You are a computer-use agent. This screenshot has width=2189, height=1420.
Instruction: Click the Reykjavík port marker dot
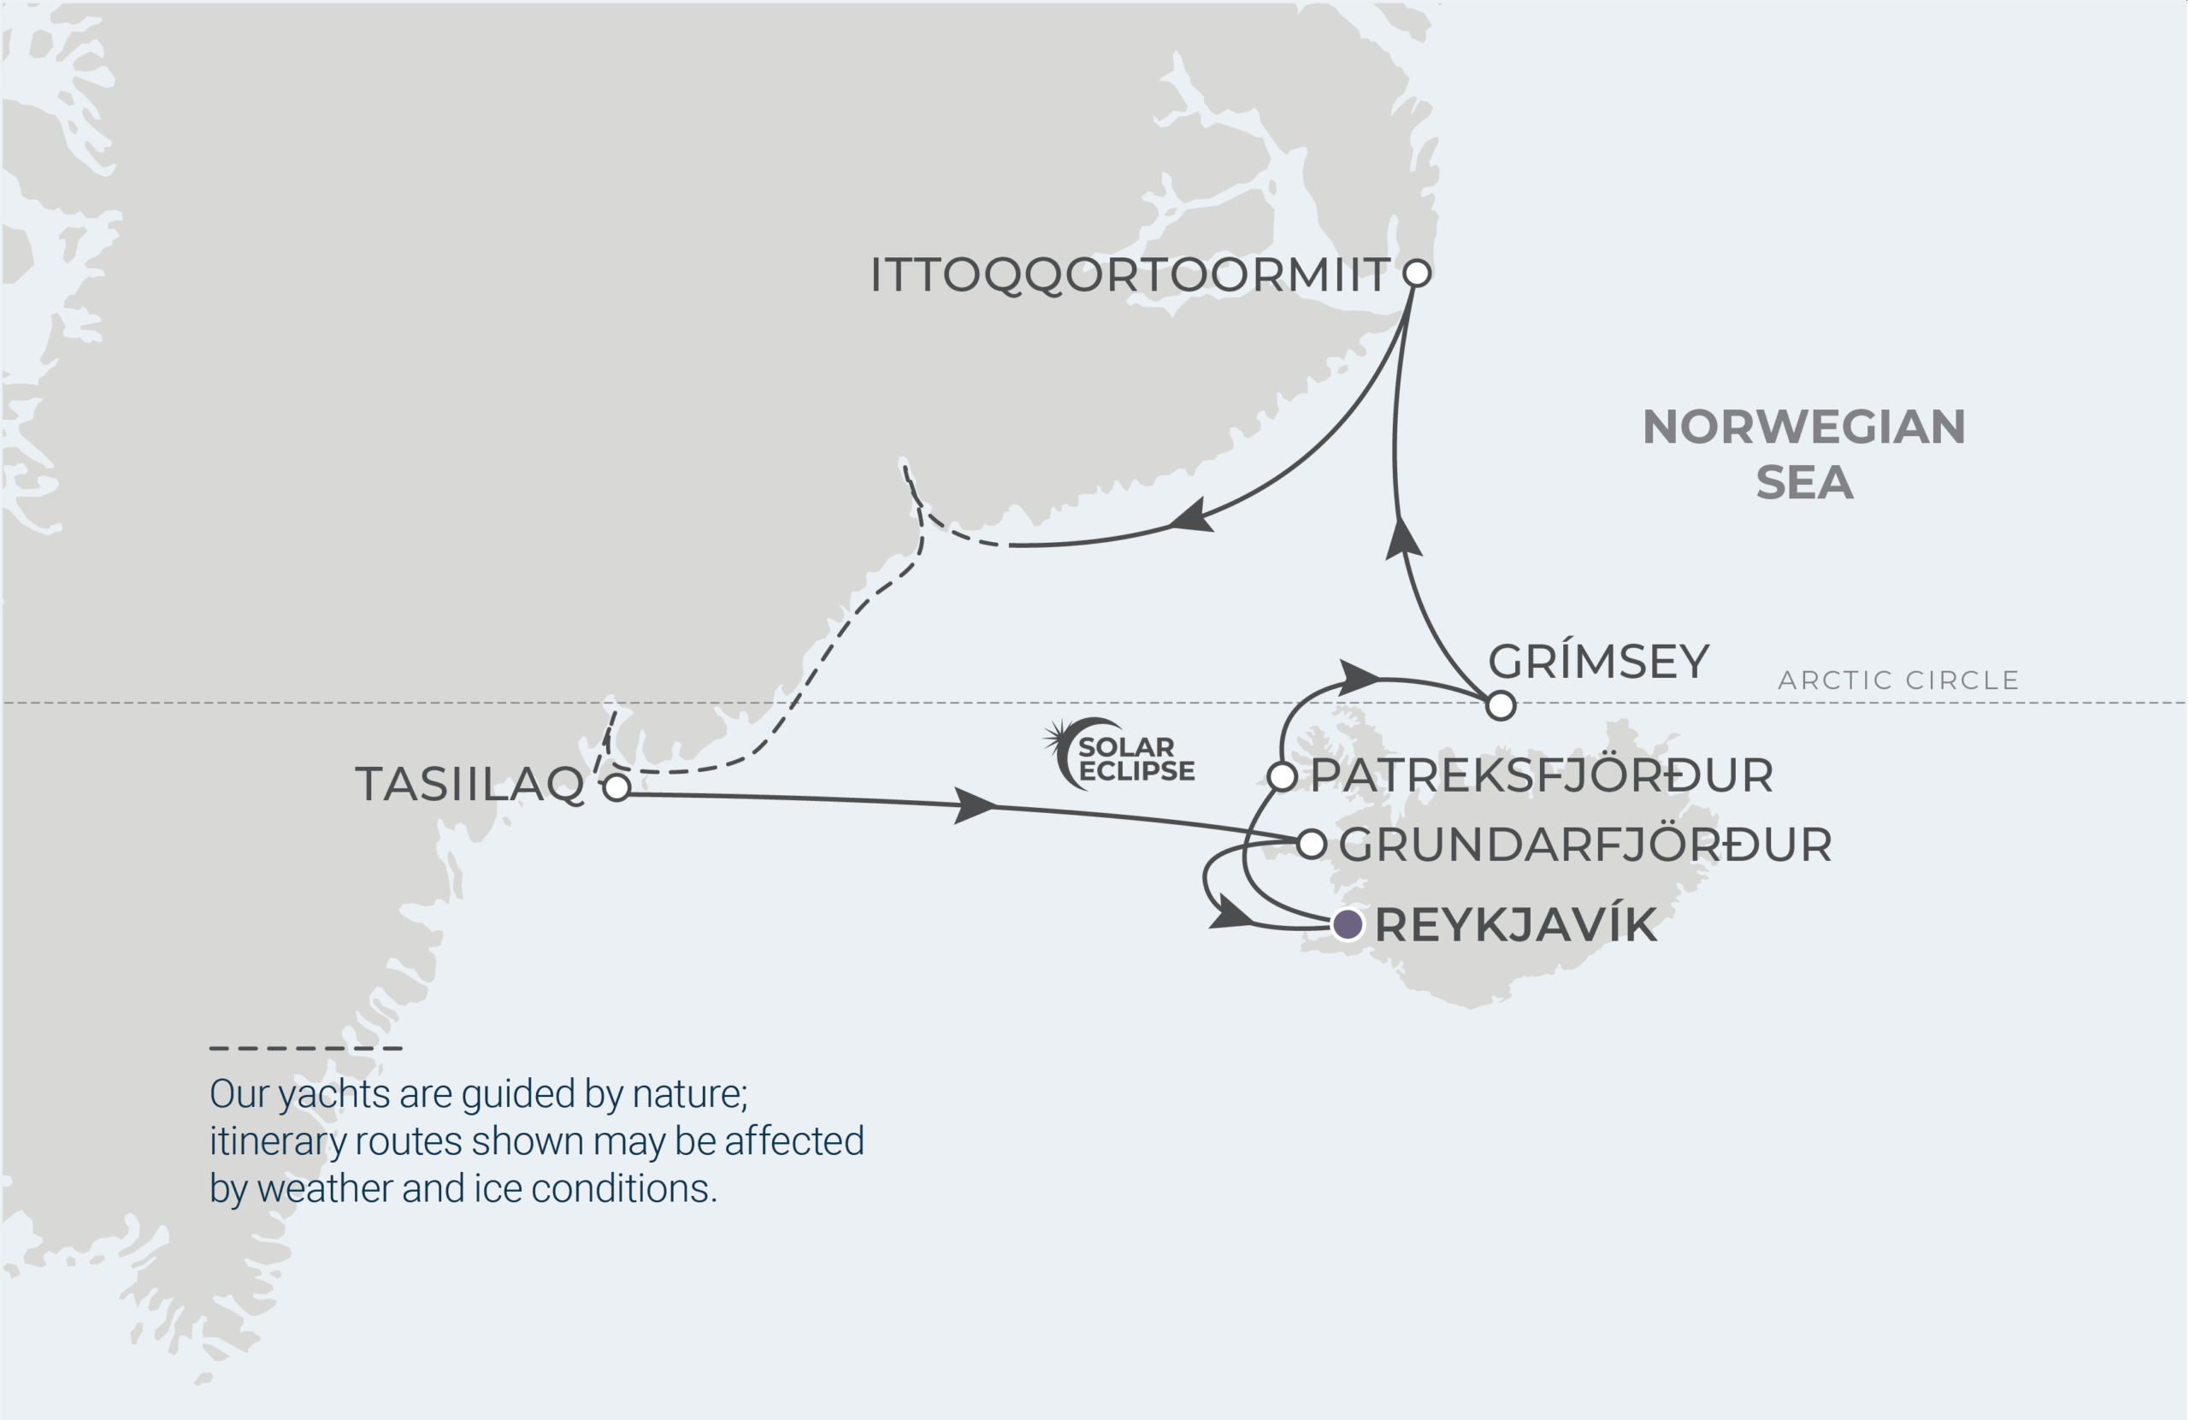point(1348,923)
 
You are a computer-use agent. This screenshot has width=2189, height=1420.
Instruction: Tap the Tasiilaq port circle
point(617,787)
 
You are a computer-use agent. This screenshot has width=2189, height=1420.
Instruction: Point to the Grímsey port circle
point(1500,705)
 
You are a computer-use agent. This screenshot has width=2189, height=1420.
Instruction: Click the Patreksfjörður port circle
point(1282,776)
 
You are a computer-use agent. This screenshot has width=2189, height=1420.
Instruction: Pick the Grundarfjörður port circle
point(1312,843)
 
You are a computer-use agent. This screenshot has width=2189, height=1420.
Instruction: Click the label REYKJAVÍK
point(1516,924)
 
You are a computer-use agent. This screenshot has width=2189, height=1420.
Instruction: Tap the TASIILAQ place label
point(470,785)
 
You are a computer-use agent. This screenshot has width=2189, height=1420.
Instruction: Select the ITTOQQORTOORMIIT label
point(1130,275)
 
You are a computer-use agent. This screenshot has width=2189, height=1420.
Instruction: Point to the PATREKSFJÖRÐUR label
point(1542,775)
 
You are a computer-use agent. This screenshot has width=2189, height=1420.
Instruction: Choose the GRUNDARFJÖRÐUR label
point(1584,846)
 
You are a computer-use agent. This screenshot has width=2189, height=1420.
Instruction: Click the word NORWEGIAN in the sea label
point(1803,427)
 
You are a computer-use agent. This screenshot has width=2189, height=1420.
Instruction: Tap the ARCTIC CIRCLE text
point(1898,681)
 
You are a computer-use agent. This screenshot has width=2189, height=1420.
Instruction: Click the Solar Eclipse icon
point(1118,754)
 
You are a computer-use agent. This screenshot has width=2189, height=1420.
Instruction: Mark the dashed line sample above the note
point(305,1047)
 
